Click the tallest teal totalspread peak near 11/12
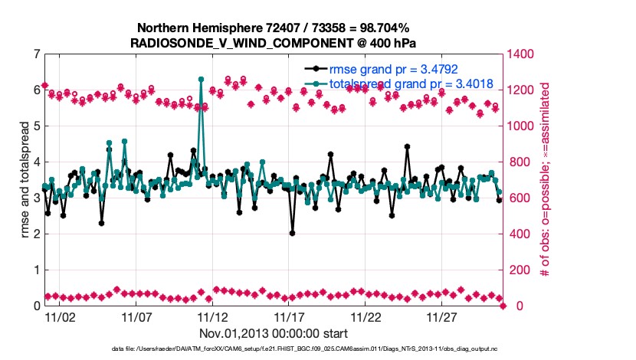[201, 80]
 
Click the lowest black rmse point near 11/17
[292, 233]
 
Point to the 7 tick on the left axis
[37, 54]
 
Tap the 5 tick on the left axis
[37, 126]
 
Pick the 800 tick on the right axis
[519, 162]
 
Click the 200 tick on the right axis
[519, 270]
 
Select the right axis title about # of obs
[546, 180]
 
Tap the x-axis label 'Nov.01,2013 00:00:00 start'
[274, 333]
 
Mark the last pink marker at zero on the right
[503, 306]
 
